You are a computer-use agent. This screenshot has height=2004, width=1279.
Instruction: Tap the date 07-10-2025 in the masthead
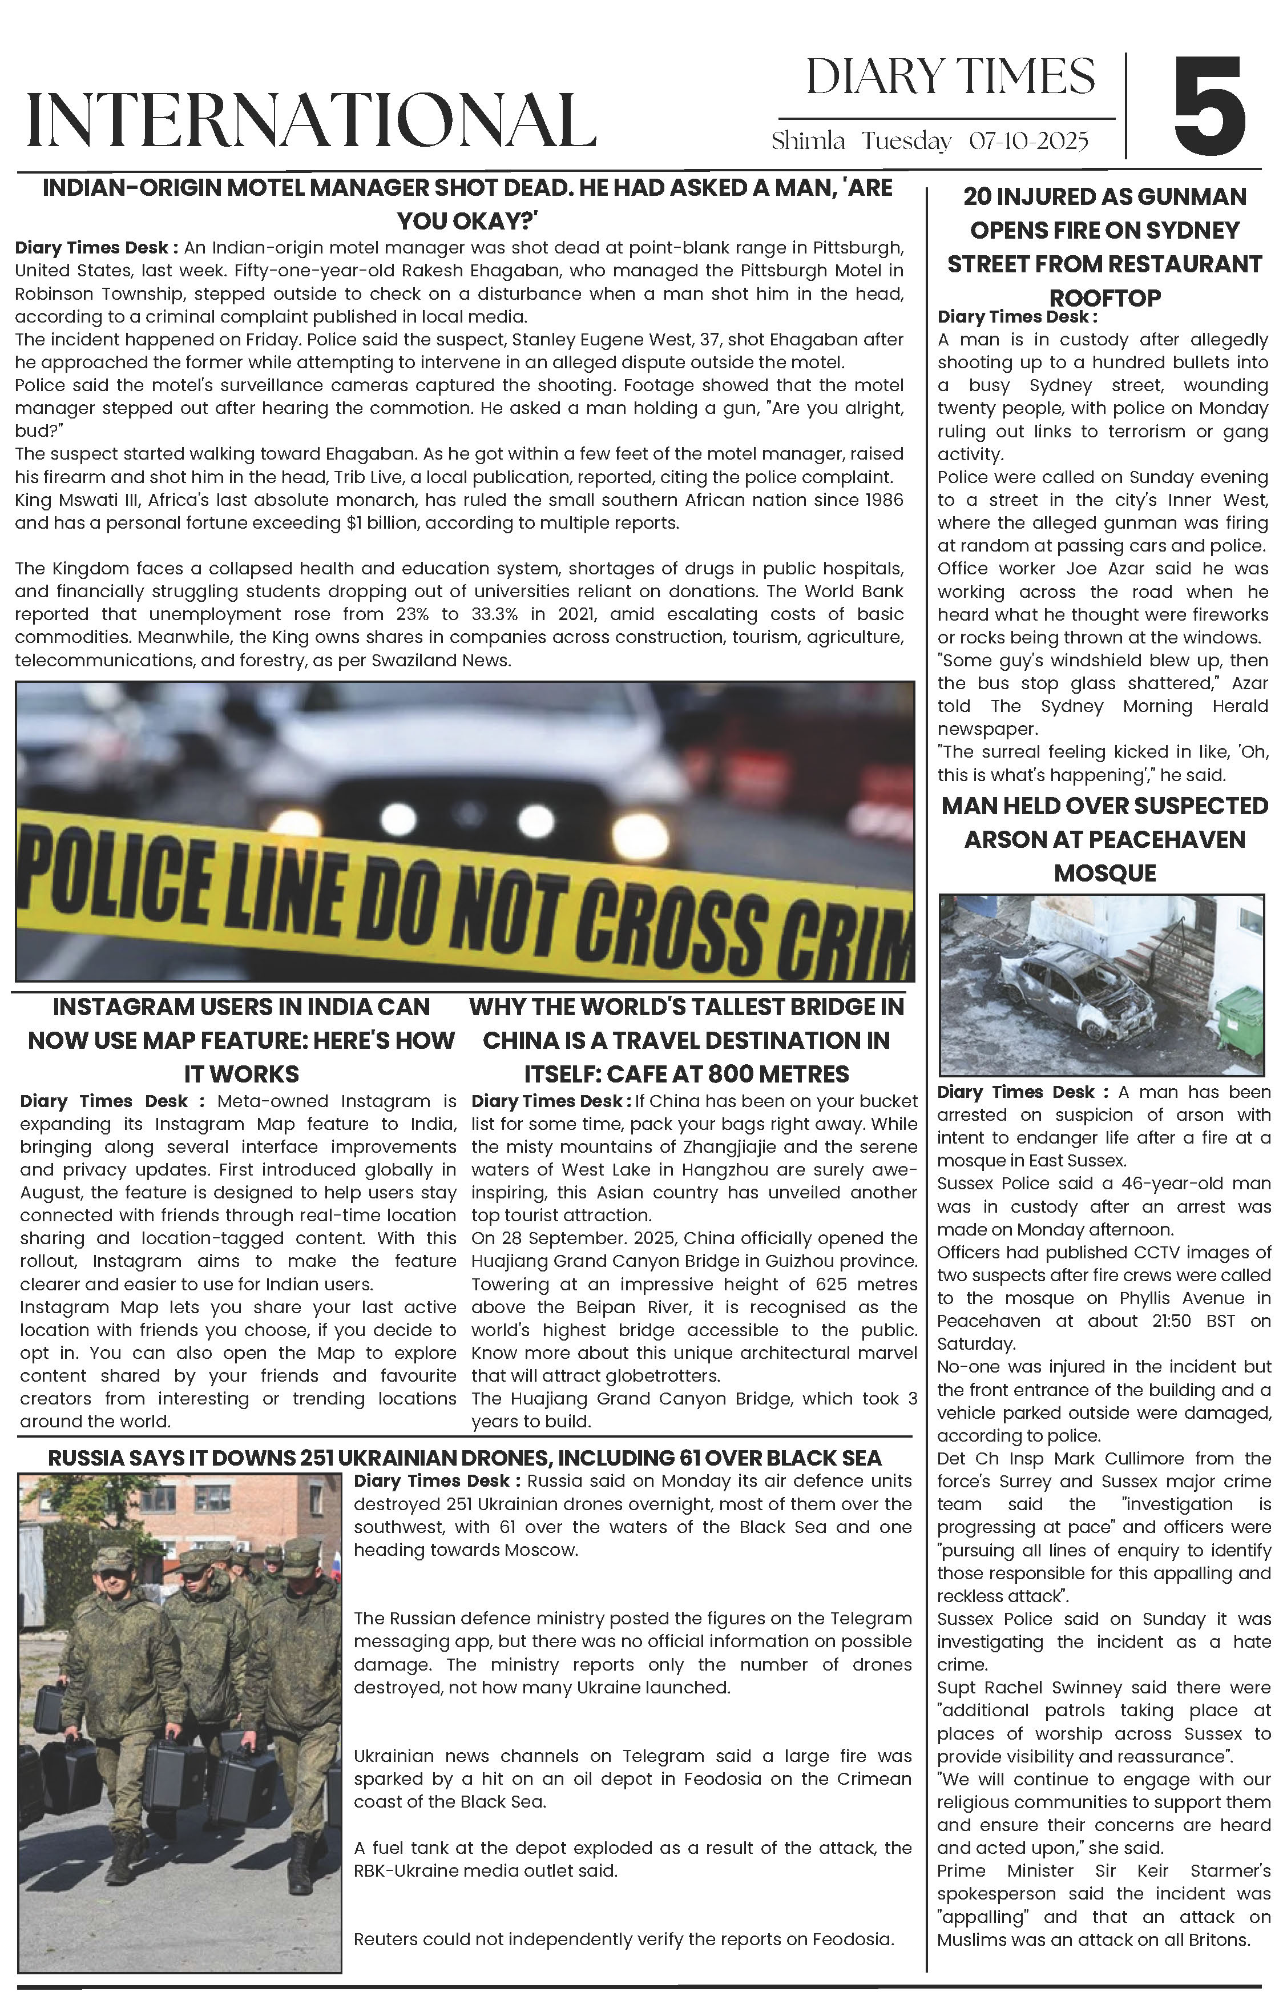coord(1028,142)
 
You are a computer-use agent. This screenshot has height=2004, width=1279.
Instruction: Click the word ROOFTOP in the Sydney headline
coord(1104,298)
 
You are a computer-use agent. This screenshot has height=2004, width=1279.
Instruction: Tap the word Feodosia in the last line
coord(852,1939)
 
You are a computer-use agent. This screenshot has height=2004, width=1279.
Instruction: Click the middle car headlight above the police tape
coord(536,820)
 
